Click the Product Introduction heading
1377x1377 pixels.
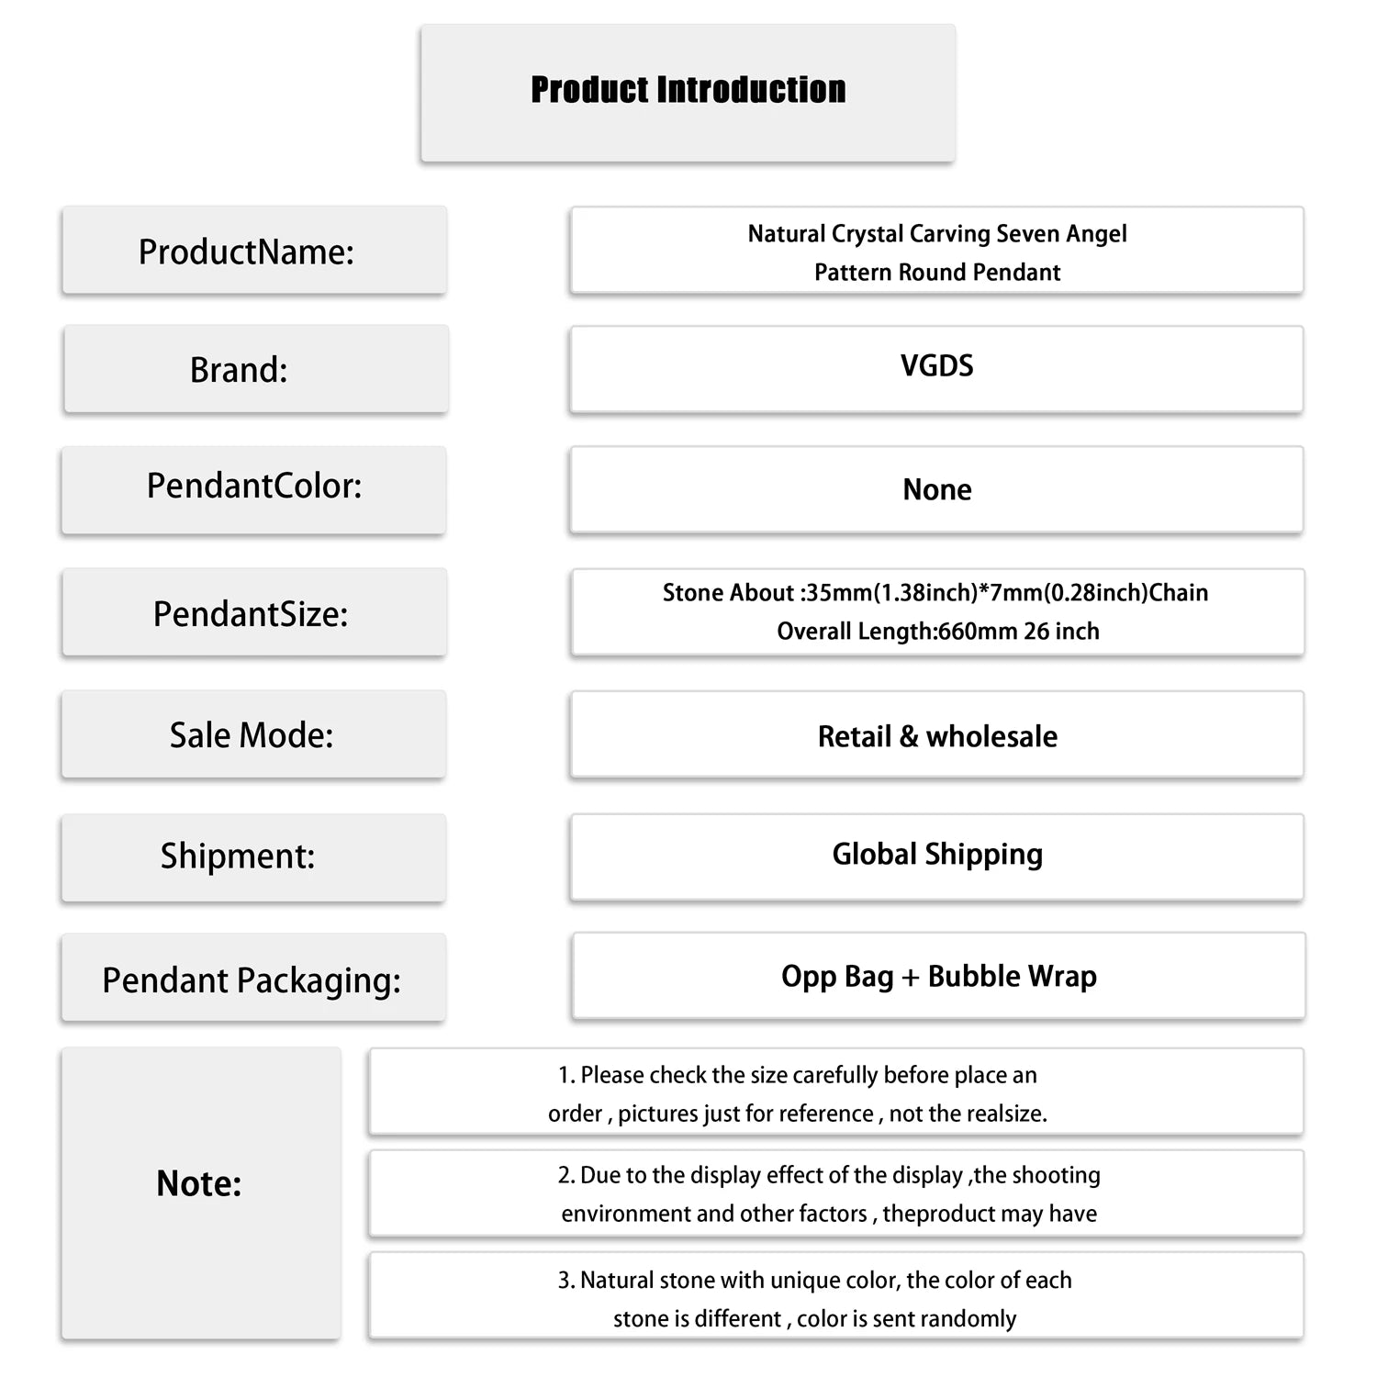[x=688, y=90]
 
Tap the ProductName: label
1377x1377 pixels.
[x=246, y=252]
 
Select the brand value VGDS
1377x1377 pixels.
[x=936, y=366]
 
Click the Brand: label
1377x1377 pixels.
[x=239, y=370]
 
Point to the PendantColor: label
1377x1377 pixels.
[x=254, y=486]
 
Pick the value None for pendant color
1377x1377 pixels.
[x=936, y=489]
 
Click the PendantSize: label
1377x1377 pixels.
[x=251, y=614]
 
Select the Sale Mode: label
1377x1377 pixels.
[x=251, y=735]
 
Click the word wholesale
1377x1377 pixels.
[x=991, y=736]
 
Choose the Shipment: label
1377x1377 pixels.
[x=238, y=856]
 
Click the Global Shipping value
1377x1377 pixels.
[x=937, y=855]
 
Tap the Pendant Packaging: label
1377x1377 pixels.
[x=252, y=980]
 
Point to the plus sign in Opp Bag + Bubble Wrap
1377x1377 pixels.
[x=910, y=978]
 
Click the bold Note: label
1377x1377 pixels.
[x=199, y=1183]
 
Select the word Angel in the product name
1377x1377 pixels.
[x=1095, y=234]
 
